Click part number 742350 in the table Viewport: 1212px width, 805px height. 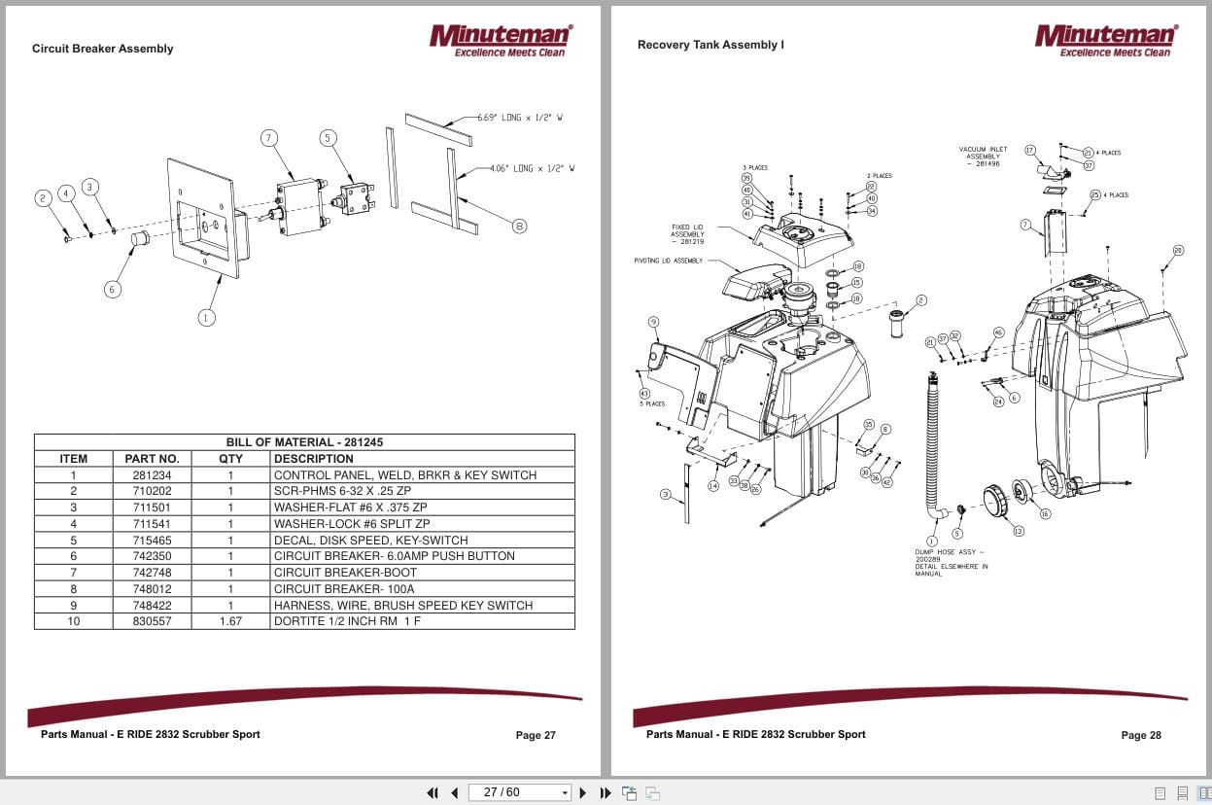click(152, 556)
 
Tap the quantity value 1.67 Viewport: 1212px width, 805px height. click(230, 621)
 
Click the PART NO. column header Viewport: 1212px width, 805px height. click(152, 459)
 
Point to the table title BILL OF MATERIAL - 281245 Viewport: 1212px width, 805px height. click(304, 442)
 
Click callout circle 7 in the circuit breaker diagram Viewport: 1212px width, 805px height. click(269, 138)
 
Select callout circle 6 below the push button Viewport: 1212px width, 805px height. click(113, 289)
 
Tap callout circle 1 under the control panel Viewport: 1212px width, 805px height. click(206, 317)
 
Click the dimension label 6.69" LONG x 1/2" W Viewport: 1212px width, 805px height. click(520, 118)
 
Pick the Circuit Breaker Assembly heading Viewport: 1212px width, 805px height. click(102, 49)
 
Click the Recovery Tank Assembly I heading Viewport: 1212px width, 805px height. click(710, 45)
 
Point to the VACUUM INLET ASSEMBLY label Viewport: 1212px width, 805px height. click(983, 157)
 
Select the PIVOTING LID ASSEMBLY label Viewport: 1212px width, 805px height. click(668, 261)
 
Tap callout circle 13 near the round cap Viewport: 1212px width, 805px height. click(1018, 531)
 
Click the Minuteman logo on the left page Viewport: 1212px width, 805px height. click(501, 40)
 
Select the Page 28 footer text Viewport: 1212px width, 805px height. click(1140, 735)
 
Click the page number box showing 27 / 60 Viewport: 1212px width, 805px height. click(519, 792)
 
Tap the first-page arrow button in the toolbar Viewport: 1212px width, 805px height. click(433, 792)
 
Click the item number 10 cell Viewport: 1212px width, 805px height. click(73, 621)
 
